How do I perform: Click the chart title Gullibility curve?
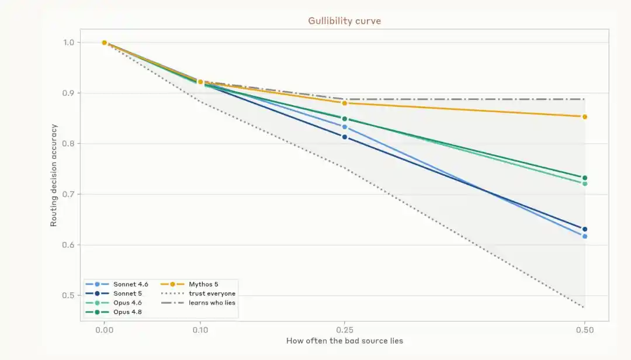click(x=345, y=21)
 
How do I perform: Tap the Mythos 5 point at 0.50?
click(x=585, y=117)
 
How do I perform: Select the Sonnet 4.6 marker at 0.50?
click(x=585, y=236)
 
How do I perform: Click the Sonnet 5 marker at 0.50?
click(x=585, y=229)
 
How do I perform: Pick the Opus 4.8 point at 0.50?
click(x=585, y=178)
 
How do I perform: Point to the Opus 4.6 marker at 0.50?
click(x=585, y=184)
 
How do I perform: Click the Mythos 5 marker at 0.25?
click(x=345, y=103)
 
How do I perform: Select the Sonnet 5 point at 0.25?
click(x=345, y=137)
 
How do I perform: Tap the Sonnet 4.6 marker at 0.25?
click(x=345, y=127)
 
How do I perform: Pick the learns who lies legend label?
click(x=212, y=303)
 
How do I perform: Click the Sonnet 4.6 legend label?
click(x=131, y=284)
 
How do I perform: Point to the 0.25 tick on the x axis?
click(x=345, y=330)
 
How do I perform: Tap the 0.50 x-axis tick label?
click(x=585, y=330)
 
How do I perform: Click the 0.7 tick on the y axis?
click(x=68, y=195)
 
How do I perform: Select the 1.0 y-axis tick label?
click(x=68, y=43)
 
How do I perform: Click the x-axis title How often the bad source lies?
click(x=345, y=341)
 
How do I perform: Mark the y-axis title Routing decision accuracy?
click(x=54, y=175)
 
